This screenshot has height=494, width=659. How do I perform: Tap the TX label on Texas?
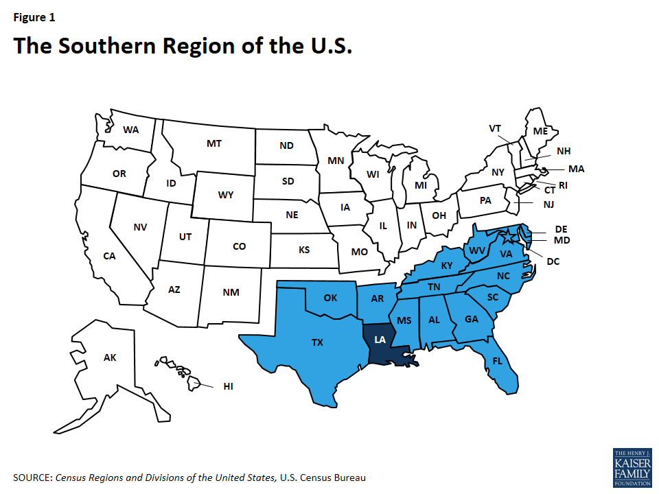point(316,342)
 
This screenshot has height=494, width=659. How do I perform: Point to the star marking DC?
point(509,239)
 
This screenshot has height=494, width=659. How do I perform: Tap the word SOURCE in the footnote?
point(32,477)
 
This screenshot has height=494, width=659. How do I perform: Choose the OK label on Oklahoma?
point(331,298)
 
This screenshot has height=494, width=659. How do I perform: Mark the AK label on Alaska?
point(110,357)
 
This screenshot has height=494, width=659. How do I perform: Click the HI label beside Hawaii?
point(229,386)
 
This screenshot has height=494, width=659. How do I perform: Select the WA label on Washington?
point(130,129)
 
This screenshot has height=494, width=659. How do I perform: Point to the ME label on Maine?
point(540,130)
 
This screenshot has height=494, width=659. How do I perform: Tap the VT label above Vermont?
point(495,128)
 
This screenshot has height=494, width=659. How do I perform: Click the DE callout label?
point(562,228)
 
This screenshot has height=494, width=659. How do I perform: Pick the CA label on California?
point(109,256)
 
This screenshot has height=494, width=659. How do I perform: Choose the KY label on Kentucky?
point(447,266)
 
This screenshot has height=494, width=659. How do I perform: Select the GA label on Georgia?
point(472,318)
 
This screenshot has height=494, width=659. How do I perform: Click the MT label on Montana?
point(213,143)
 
